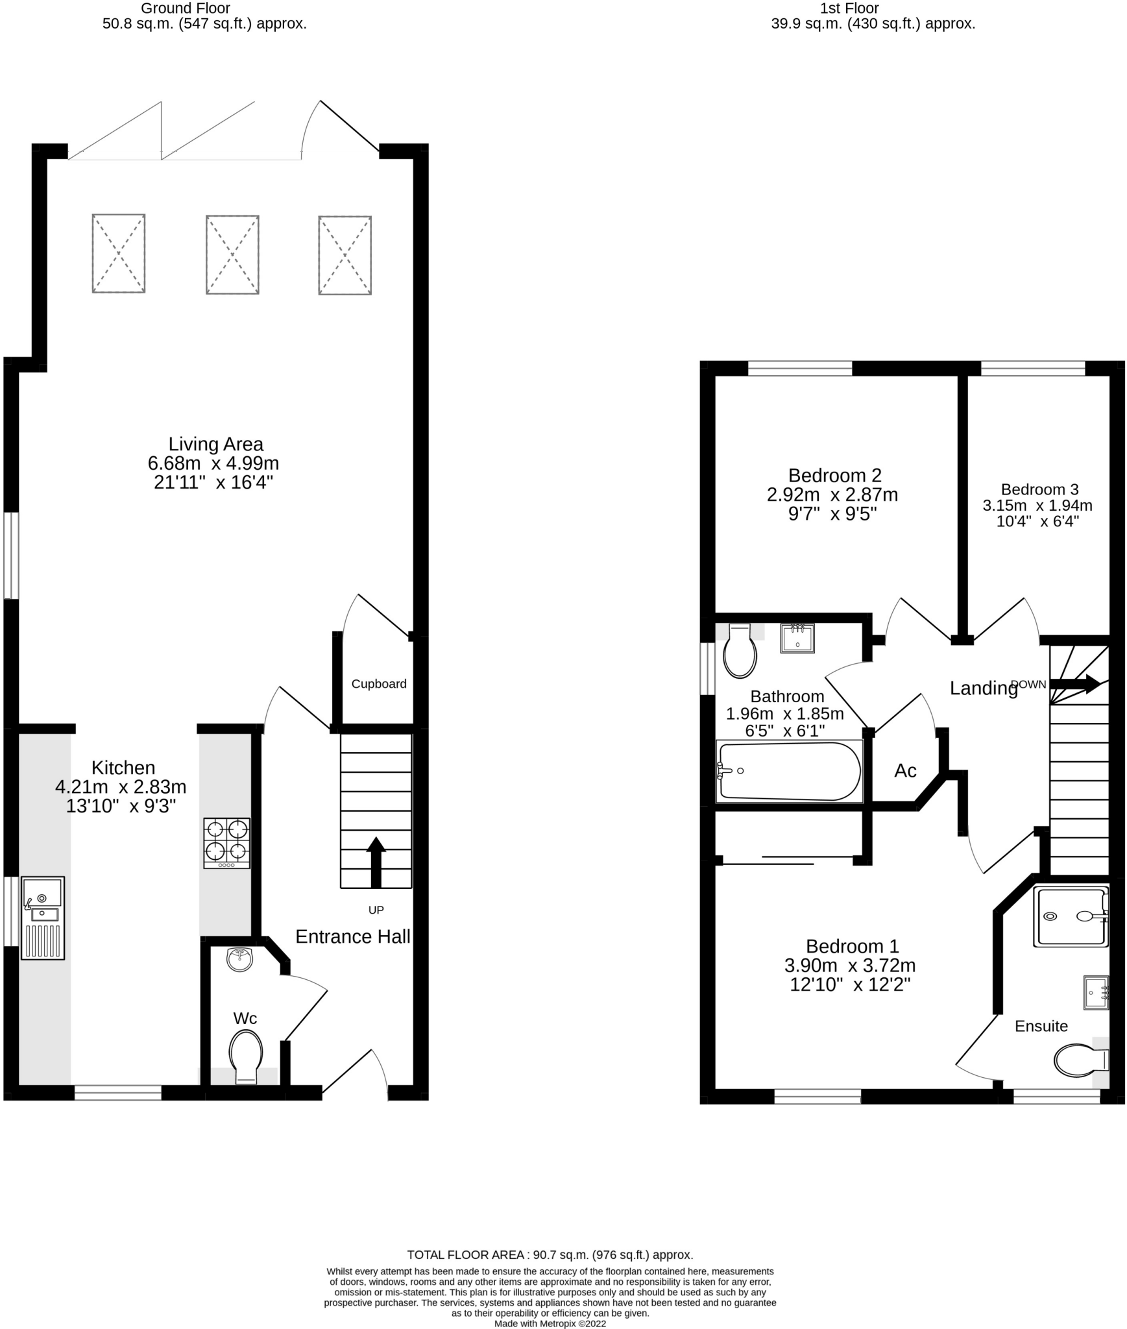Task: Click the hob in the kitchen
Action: [226, 842]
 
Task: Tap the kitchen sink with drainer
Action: [43, 918]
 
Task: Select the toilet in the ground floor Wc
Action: [246, 1056]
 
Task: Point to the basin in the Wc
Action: [240, 959]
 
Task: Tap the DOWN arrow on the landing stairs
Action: [1074, 683]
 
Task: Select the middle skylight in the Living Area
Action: [232, 254]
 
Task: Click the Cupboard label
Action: [379, 683]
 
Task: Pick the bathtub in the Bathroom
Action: [789, 771]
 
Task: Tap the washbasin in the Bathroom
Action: [797, 638]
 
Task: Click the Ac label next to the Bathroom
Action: [905, 770]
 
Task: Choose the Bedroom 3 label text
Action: [1039, 489]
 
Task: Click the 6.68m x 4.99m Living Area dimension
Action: [213, 463]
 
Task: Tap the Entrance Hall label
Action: [353, 936]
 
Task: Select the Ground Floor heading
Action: [186, 8]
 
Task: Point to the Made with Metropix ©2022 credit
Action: [550, 1324]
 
